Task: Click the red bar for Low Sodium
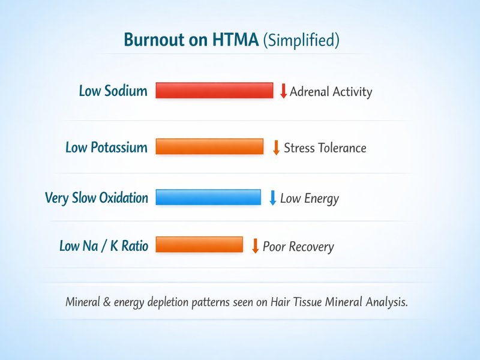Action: [x=214, y=91]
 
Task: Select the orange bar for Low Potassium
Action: [x=209, y=147]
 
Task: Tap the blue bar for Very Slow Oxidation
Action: [x=208, y=197]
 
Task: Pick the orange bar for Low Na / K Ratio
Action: [x=199, y=245]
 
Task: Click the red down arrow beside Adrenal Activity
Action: [x=284, y=91]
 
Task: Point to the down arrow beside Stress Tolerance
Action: [x=276, y=148]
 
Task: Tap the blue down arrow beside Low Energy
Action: [x=272, y=197]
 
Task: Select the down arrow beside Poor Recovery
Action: [x=255, y=246]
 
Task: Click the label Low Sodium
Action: [x=113, y=91]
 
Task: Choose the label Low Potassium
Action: [x=106, y=148]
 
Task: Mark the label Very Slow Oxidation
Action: [x=96, y=198]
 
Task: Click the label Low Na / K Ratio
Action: [x=103, y=246]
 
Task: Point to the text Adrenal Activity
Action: [x=331, y=92]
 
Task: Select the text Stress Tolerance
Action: [x=325, y=148]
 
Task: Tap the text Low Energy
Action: [x=310, y=199]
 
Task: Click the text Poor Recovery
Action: [x=298, y=247]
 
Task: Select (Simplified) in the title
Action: [x=302, y=41]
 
